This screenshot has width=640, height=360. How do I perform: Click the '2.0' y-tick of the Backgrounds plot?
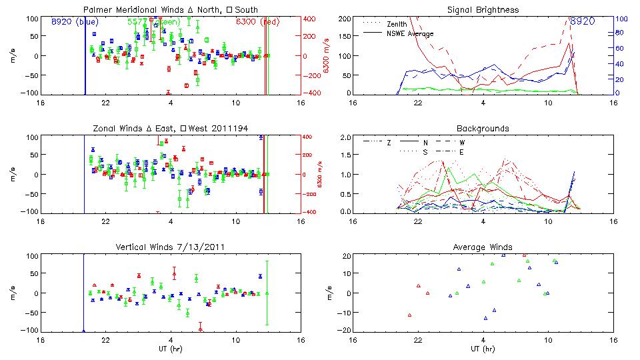coord(345,137)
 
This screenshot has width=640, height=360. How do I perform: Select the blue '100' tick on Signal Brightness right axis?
coord(619,19)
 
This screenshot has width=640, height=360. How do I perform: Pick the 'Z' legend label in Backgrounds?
coord(389,143)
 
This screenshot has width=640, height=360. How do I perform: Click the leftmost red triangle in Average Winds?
coord(410,315)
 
